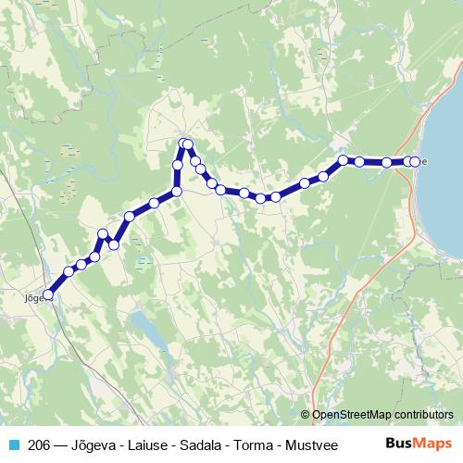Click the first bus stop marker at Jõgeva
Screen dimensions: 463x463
click(x=49, y=295)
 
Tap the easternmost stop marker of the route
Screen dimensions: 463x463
click(x=414, y=162)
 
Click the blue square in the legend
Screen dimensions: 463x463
click(x=13, y=444)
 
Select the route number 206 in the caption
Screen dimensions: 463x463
click(x=40, y=444)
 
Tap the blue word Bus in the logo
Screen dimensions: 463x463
click(x=398, y=443)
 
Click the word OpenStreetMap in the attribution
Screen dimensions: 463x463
click(x=351, y=415)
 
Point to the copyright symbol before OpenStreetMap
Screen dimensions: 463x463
click(x=306, y=415)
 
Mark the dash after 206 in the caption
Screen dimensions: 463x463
click(x=61, y=444)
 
